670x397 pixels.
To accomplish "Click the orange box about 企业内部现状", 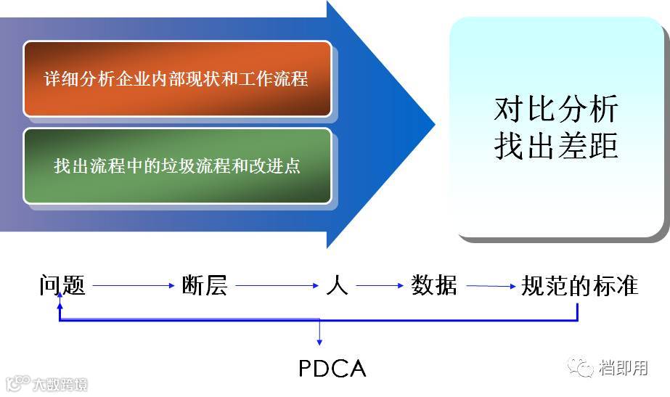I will (177, 78).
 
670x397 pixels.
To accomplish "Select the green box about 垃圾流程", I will (177, 166).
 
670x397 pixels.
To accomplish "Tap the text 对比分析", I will (556, 110).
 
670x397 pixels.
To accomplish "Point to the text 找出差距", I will (556, 146).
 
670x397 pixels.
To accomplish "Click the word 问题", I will (62, 285).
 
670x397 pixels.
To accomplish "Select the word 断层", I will (205, 285).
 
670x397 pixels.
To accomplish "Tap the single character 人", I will (337, 285).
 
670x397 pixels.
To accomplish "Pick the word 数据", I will (434, 285).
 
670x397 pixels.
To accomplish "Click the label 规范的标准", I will (579, 285).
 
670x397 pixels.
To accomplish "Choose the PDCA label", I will (332, 369).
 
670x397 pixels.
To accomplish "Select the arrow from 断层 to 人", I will (277, 286).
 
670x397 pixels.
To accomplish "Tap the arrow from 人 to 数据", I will (379, 286).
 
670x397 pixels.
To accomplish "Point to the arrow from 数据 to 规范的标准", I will (491, 286).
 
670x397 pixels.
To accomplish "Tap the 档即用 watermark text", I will (624, 368).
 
